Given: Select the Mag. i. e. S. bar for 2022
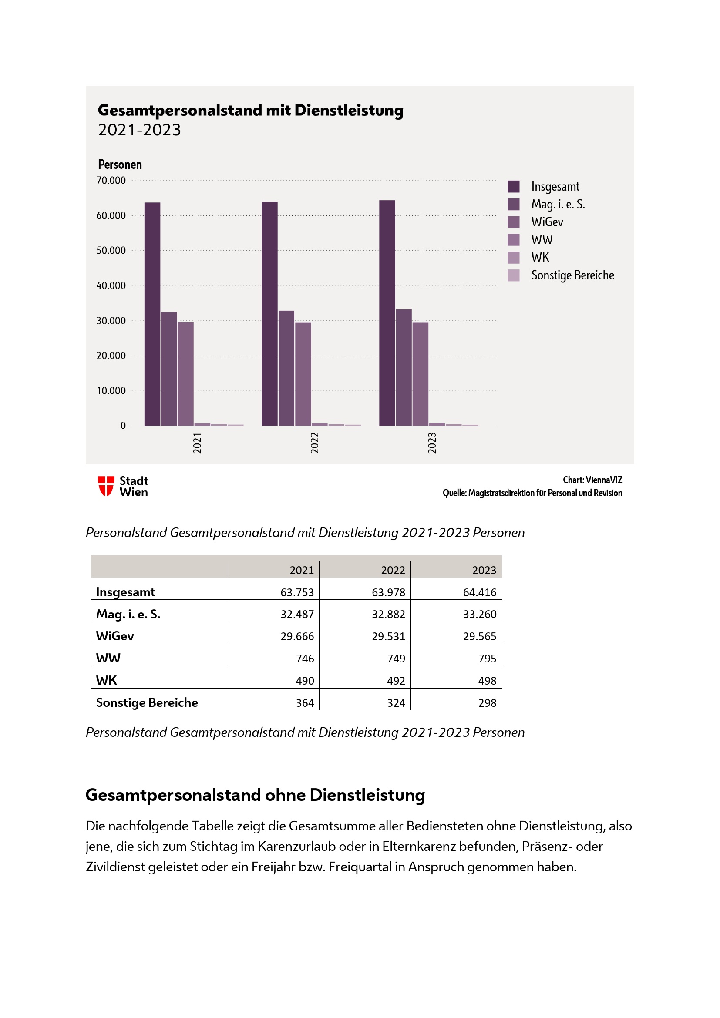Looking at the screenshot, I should pos(286,368).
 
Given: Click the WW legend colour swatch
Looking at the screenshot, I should pos(513,240).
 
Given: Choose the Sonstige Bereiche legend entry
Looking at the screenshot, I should pos(572,275).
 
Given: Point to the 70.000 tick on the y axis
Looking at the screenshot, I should pos(111,181).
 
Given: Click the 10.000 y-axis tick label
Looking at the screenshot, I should pos(111,390).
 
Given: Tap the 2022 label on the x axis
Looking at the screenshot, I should pos(314,443).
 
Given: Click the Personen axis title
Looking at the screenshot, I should pos(120,165).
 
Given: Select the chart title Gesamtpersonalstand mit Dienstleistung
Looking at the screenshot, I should pos(250,110).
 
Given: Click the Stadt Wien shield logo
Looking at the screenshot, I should pos(106,486).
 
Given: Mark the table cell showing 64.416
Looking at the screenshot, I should pos(479,592).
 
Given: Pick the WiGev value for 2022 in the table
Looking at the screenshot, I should pos(388,636).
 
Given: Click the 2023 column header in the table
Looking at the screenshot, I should pos(484,570).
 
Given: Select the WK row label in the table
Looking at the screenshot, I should pos(106,680).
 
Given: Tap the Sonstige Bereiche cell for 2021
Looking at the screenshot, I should pos(305,703).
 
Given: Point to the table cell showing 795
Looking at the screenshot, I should pos(487,659).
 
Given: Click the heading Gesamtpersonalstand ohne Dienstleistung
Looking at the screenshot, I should pos(255,795).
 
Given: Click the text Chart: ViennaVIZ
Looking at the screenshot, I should pos(592,480).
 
